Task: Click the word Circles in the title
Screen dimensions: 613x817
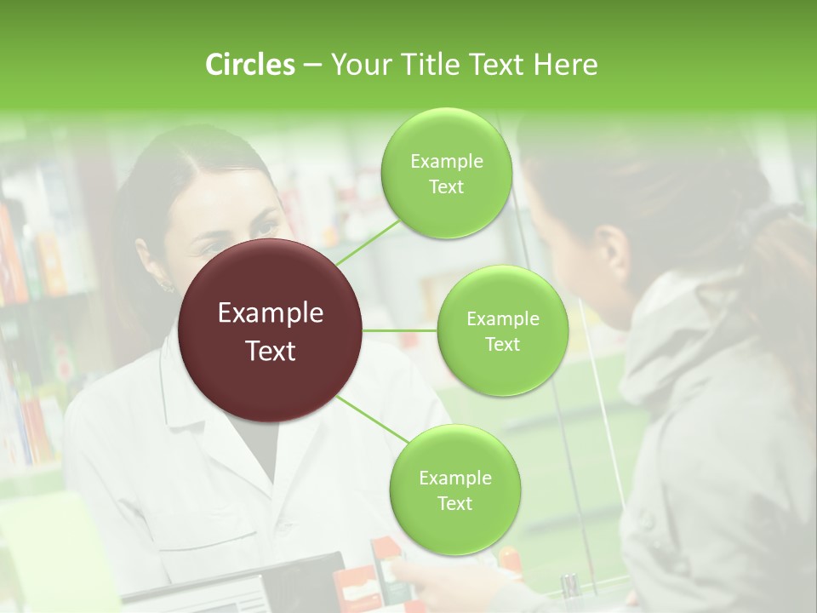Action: coord(249,65)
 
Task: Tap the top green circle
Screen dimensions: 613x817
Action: coord(446,174)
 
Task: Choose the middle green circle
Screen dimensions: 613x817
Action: coord(502,331)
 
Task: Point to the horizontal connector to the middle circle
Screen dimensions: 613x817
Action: coord(400,330)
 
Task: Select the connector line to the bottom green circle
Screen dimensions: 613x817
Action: coord(371,418)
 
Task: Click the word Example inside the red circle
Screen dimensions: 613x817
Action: coord(271,313)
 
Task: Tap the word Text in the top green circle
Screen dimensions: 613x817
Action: coord(446,187)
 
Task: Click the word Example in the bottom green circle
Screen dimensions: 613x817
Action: coord(454,478)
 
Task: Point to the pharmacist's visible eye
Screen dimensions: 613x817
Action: coord(266,230)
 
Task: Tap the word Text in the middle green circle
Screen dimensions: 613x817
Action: coord(502,344)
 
